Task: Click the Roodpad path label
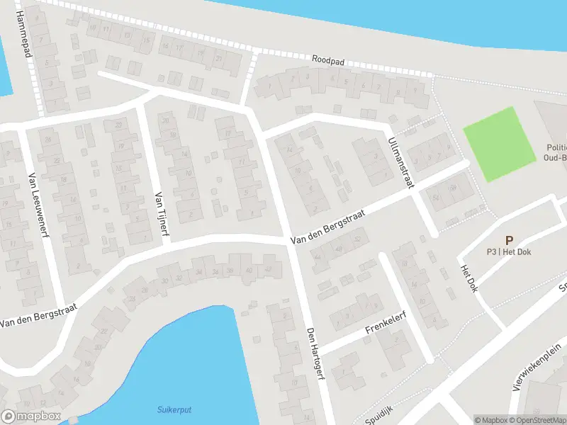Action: (x=327, y=62)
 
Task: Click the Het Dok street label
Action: (x=469, y=279)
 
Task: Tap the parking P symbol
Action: (x=509, y=241)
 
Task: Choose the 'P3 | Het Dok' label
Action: (x=509, y=252)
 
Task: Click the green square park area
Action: (x=499, y=144)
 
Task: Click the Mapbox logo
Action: (x=31, y=416)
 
